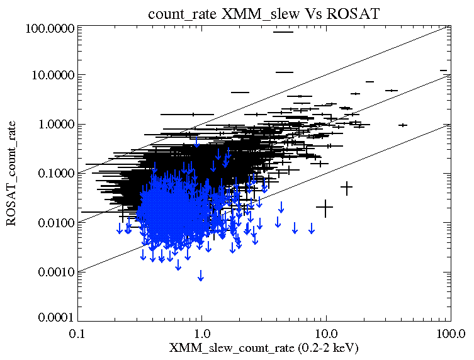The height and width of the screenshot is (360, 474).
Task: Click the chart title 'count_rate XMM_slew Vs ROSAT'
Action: coord(264,13)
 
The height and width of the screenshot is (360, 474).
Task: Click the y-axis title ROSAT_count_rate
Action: coord(12,173)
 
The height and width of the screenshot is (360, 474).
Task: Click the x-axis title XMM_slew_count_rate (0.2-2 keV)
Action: coord(264,347)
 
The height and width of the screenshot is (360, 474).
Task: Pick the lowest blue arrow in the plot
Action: coord(201,276)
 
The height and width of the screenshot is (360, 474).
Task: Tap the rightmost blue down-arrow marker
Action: coord(311,228)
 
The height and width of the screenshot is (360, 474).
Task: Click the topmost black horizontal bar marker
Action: coord(284,32)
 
